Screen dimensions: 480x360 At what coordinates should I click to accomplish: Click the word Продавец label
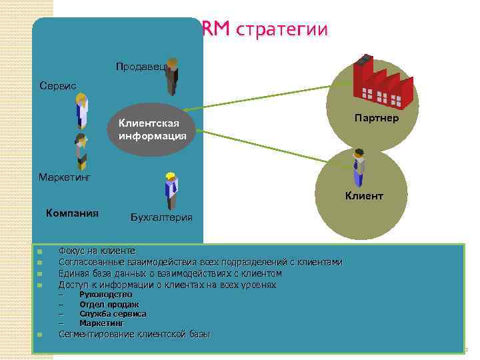(137, 67)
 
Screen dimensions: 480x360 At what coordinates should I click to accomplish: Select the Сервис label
(59, 87)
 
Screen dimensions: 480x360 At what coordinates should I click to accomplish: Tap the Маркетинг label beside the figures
(65, 177)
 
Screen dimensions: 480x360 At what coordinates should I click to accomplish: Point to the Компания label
(72, 213)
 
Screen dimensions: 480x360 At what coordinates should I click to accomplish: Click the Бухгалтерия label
(161, 217)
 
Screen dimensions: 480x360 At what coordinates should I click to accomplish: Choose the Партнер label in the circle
(377, 119)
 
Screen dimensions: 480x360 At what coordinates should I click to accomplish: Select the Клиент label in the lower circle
(364, 196)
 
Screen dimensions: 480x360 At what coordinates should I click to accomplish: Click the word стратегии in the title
(282, 30)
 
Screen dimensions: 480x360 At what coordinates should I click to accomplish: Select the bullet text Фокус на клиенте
(97, 251)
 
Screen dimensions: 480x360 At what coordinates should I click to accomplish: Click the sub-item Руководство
(105, 294)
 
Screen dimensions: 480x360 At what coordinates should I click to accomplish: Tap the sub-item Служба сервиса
(113, 313)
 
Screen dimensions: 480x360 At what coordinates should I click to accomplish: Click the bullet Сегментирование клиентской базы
(133, 334)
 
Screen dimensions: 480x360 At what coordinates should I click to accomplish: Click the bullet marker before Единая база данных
(40, 274)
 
